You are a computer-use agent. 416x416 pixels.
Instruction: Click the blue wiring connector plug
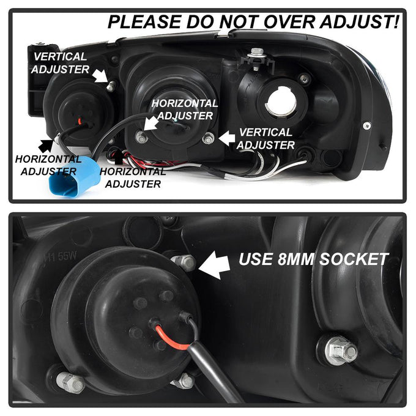pyautogui.click(x=75, y=176)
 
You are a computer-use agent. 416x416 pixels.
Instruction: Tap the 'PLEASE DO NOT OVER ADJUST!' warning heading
pyautogui.click(x=253, y=21)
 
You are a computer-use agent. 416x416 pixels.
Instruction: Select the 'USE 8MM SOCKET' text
pyautogui.click(x=313, y=259)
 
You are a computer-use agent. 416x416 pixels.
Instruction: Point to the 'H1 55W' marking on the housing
pyautogui.click(x=61, y=256)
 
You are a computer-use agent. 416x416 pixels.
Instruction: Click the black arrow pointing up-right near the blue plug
pyautogui.click(x=46, y=145)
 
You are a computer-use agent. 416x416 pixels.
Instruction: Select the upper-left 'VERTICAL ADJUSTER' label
pyautogui.click(x=60, y=63)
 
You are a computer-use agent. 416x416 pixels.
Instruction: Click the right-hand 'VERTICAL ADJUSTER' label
pyautogui.click(x=266, y=139)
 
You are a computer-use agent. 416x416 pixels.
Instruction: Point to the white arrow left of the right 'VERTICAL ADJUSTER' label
pyautogui.click(x=227, y=138)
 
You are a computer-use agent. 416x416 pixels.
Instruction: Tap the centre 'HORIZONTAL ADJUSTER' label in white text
pyautogui.click(x=185, y=110)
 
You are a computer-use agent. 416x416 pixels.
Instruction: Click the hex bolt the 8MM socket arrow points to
pyautogui.click(x=184, y=262)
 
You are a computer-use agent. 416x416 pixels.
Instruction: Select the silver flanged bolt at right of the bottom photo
pyautogui.click(x=340, y=350)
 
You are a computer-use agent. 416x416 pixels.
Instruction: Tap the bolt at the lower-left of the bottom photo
pyautogui.click(x=70, y=382)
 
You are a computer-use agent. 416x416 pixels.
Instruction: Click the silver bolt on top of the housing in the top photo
pyautogui.click(x=257, y=58)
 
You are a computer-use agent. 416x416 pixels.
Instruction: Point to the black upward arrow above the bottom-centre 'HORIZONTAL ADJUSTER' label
pyautogui.click(x=118, y=157)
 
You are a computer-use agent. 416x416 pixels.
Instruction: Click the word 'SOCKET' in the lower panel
pyautogui.click(x=354, y=259)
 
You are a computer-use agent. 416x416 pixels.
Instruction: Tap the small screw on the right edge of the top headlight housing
pyautogui.click(x=367, y=125)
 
